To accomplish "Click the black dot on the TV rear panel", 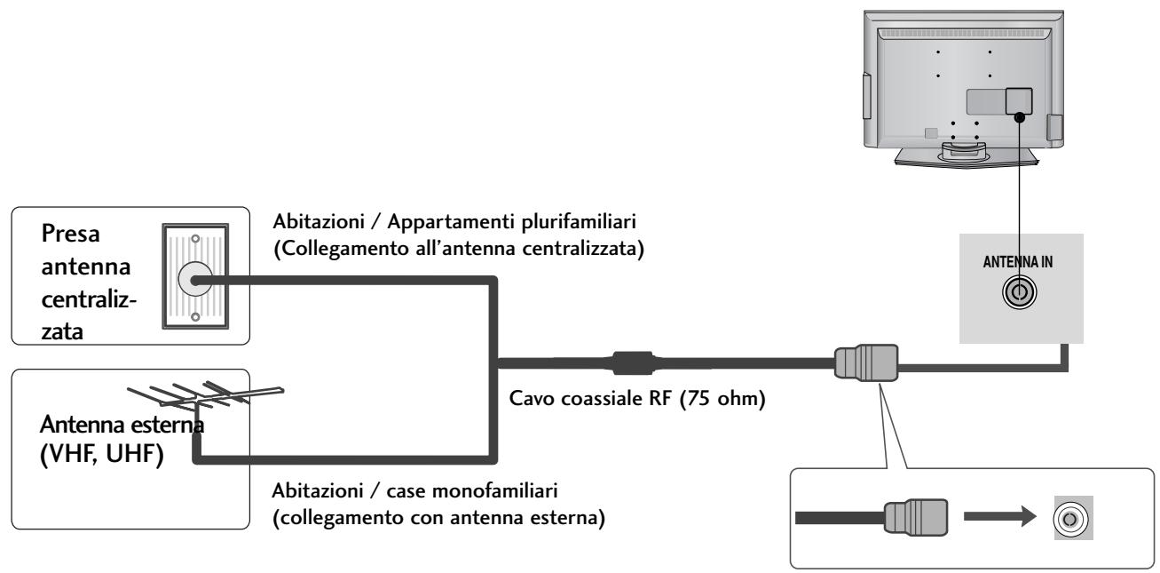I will point(1020,116).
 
